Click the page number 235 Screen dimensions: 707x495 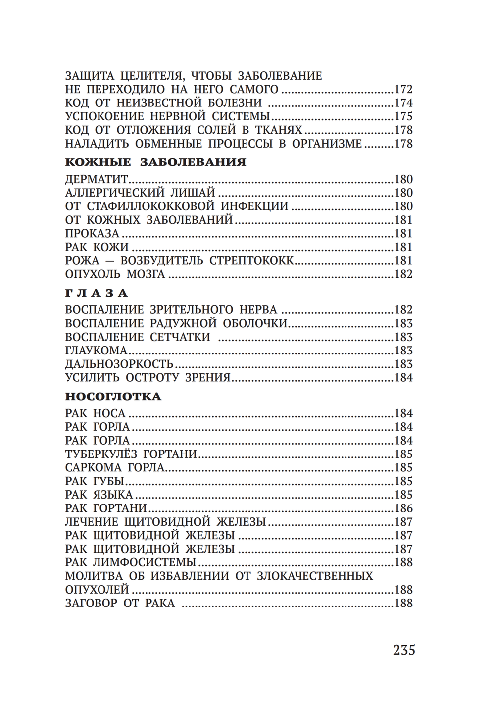click(x=404, y=650)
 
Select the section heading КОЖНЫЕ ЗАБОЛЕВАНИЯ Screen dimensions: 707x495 click(x=155, y=162)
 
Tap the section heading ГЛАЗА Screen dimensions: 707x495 click(x=97, y=293)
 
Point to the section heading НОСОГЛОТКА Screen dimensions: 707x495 click(x=113, y=396)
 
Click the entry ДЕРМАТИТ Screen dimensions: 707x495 click(x=97, y=179)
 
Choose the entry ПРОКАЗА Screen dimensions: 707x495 click(x=92, y=233)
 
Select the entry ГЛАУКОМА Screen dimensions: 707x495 click(x=97, y=351)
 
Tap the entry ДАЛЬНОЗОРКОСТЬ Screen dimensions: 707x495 click(x=119, y=364)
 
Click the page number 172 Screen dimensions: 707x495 click(x=403, y=90)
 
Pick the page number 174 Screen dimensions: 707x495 click(x=403, y=103)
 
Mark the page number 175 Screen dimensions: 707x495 click(x=403, y=117)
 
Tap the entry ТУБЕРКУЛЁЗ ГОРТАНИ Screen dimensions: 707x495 click(x=131, y=454)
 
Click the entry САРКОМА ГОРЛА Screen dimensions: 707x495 click(x=115, y=467)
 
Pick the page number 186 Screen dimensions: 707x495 click(x=403, y=508)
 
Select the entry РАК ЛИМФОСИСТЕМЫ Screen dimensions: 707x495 click(x=131, y=562)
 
